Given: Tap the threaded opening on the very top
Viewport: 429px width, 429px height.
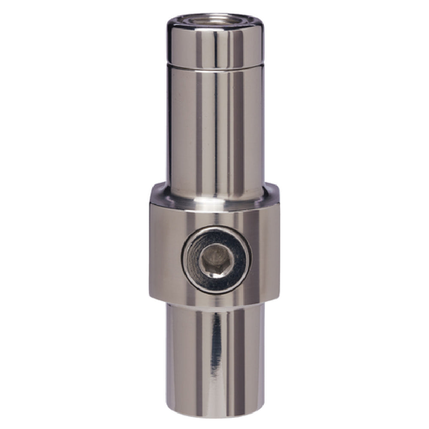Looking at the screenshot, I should (x=214, y=19).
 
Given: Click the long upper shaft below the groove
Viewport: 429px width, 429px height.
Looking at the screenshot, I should (x=214, y=129).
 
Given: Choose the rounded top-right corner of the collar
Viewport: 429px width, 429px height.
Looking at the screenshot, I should (x=275, y=193).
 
